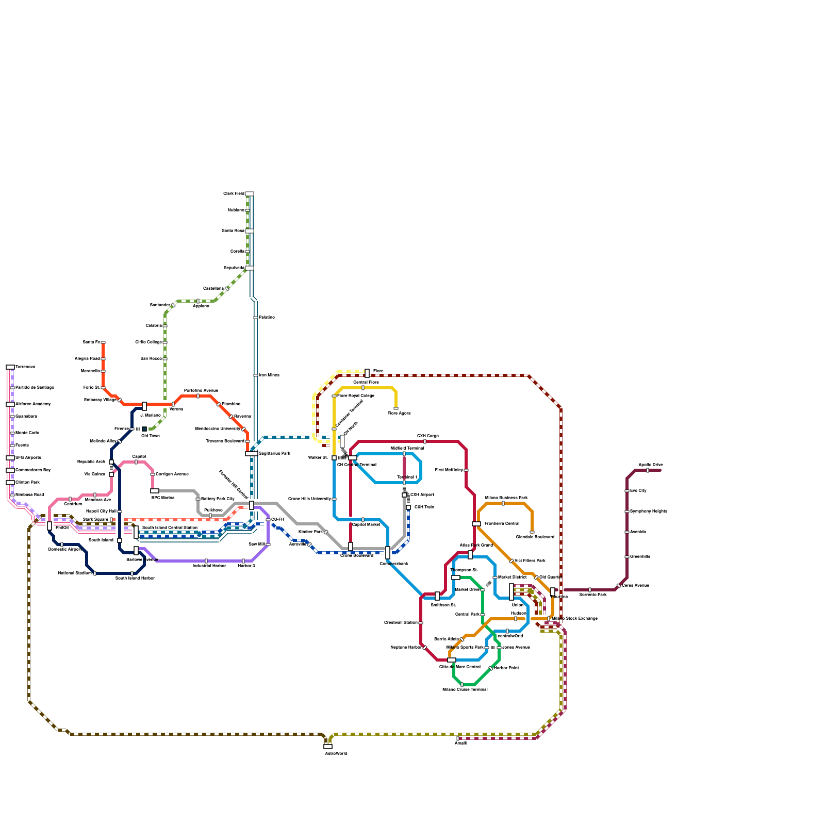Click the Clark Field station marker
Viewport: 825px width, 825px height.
tap(250, 194)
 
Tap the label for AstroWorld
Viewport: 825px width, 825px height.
tap(336, 754)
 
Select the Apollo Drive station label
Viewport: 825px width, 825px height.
tap(651, 465)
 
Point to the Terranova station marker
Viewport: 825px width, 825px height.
tap(10, 367)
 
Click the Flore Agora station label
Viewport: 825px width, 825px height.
tap(399, 414)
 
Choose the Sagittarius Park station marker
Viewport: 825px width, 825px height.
tap(251, 454)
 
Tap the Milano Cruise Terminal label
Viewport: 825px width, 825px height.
tap(465, 689)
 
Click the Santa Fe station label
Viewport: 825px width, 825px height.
tap(91, 342)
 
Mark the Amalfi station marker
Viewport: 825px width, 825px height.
tap(458, 738)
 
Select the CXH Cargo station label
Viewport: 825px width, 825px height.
tap(428, 436)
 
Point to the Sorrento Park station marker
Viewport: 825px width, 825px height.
tap(590, 590)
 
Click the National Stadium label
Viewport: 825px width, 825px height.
tap(75, 573)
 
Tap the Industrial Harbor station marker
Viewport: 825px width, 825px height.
tap(206, 561)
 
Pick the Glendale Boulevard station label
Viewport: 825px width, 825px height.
tap(535, 537)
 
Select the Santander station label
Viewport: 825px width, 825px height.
tap(160, 305)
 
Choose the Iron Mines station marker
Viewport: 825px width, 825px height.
tap(256, 375)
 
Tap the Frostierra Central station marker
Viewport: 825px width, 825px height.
tap(476, 524)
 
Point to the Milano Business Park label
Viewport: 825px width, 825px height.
tap(506, 498)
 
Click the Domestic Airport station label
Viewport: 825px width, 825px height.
tap(64, 550)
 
